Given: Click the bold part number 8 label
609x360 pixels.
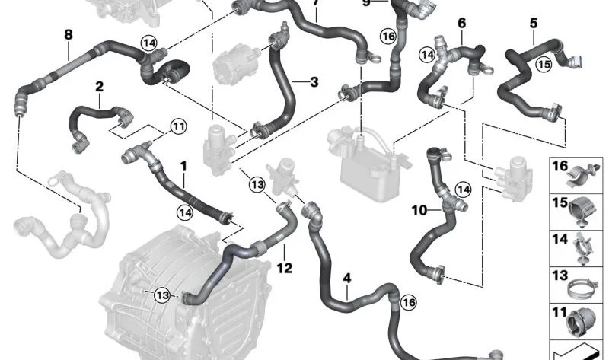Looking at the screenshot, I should coord(69,34).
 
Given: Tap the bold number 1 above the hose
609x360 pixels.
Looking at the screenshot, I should coord(183,165).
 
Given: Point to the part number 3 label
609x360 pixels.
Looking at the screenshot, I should coord(313,81).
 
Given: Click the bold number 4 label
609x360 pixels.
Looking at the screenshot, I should coord(347,279).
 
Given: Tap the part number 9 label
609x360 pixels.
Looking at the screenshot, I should coord(365,3).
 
